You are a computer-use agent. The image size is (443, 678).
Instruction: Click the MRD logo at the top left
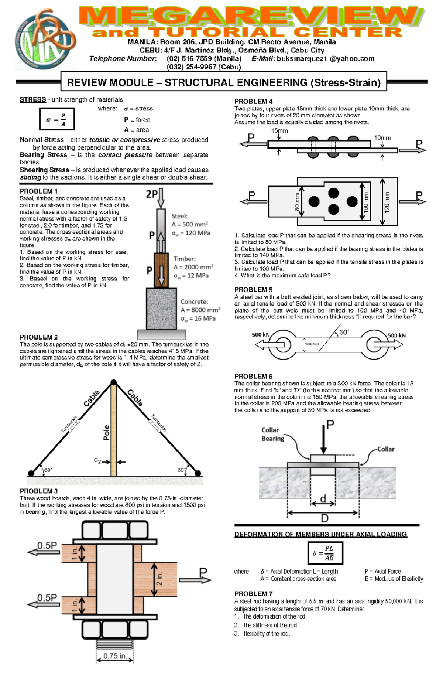coord(45,40)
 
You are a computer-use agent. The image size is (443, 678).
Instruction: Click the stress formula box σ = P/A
coord(57,119)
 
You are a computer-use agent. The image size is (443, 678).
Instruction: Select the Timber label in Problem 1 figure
coord(185,259)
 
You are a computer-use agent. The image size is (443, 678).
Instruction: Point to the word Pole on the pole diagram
coord(106,432)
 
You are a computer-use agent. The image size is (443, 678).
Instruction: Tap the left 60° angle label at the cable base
coord(48,470)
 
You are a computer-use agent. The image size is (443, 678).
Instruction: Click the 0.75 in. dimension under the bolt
coord(115,656)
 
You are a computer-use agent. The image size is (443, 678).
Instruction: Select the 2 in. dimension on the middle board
coord(159,579)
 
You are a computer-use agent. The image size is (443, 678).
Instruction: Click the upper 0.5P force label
coord(47,545)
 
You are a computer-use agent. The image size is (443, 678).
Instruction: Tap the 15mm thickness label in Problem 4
coord(279,131)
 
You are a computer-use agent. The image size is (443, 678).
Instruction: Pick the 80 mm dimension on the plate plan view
coord(297,202)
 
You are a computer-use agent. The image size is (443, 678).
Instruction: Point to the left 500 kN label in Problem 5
coord(261,335)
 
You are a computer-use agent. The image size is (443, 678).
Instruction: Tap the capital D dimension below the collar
coord(324,518)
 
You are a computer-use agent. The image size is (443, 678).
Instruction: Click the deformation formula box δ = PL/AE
coord(325,553)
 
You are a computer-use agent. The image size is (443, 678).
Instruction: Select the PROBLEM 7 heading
coord(253,594)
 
